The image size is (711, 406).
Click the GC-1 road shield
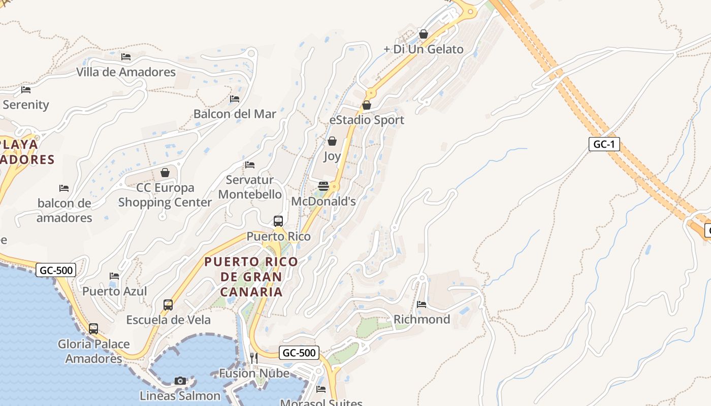(604, 144)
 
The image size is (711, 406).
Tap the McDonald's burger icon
(324, 186)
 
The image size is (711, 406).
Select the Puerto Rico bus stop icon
(278, 221)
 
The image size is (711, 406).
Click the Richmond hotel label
(422, 319)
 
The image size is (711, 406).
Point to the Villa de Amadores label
(126, 72)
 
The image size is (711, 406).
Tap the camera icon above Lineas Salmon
(180, 381)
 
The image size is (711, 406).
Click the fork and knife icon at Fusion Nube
(254, 358)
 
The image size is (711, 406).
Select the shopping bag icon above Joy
(332, 141)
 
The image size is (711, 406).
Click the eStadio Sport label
(367, 120)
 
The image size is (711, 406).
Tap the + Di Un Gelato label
(423, 49)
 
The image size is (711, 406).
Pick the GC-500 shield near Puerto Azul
(56, 270)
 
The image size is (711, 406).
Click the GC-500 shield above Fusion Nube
(299, 353)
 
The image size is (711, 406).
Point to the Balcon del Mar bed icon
(235, 99)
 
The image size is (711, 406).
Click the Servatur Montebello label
(250, 187)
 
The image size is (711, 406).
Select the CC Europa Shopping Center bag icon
(165, 173)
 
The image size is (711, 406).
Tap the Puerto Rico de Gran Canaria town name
(251, 277)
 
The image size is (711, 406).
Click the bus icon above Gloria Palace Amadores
(93, 328)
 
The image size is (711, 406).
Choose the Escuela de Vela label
(168, 320)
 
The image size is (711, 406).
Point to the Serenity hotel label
(26, 105)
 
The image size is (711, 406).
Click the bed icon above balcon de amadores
(64, 188)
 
